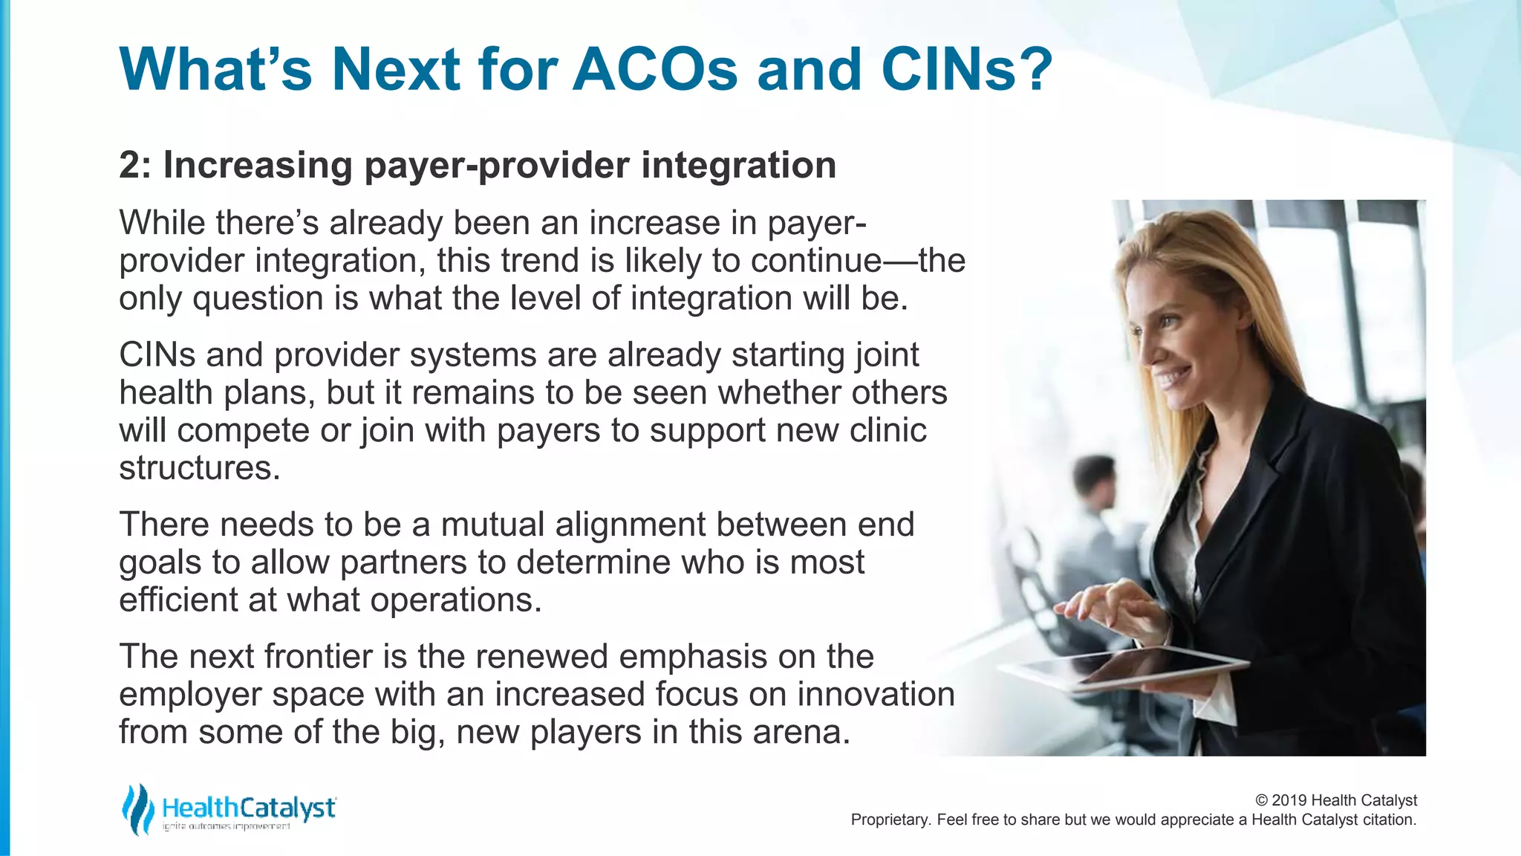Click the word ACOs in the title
(655, 70)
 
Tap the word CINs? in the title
(967, 70)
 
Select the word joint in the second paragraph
(887, 355)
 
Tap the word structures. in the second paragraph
(200, 468)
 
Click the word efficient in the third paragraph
(177, 600)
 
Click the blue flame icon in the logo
(137, 808)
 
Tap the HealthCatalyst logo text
(249, 808)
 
